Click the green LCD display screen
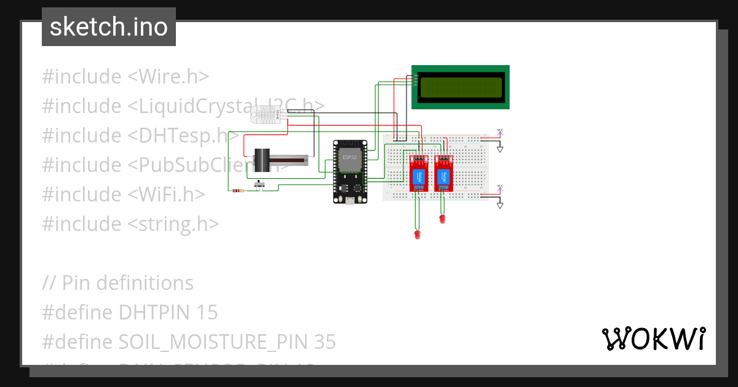461,87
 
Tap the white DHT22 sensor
266,114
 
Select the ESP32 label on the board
349,157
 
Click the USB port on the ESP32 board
349,200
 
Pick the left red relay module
419,173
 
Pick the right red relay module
443,173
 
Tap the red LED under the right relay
442,217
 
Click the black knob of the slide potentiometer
263,160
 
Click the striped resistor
237,191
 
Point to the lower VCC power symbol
500,188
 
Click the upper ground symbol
500,149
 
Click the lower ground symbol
500,205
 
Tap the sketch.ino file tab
109,27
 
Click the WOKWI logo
654,338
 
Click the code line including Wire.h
125,77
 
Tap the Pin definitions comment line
117,283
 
